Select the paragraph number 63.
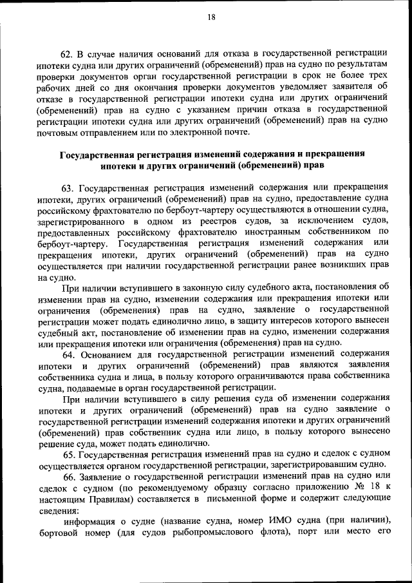68,187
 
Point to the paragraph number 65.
69,455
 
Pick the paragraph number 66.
69,477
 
